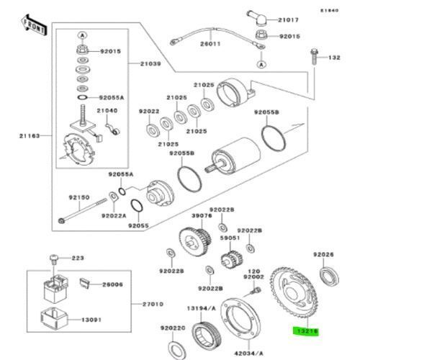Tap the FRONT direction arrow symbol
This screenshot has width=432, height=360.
pyautogui.click(x=32, y=25)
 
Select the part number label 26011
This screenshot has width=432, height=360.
pyautogui.click(x=210, y=44)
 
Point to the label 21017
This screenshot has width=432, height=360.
pyautogui.click(x=289, y=19)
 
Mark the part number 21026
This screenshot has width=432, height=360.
pyautogui.click(x=204, y=85)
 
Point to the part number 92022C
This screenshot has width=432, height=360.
pyautogui.click(x=174, y=328)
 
